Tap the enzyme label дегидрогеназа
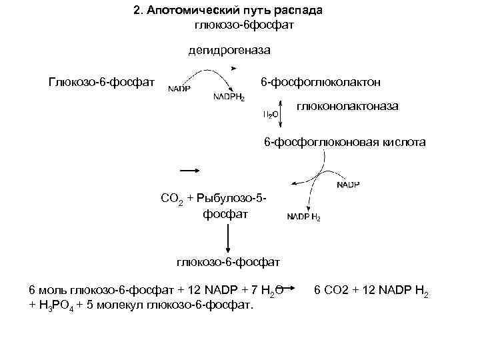(229, 49)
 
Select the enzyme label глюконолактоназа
(347, 106)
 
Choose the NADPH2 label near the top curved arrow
(229, 97)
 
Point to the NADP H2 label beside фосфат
(303, 217)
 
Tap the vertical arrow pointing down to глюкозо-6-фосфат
(229, 237)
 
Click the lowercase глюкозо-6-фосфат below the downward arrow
(229, 263)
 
